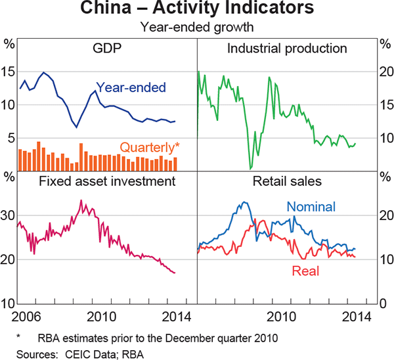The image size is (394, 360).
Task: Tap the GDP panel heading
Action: (108, 48)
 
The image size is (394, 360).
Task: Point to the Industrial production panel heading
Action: (286, 48)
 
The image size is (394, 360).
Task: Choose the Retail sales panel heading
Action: (286, 181)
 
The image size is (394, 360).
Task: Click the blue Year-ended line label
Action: (131, 87)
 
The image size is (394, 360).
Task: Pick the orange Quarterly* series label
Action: (149, 147)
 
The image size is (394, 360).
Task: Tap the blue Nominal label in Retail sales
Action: (311, 207)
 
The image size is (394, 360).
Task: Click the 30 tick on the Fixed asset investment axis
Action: (8, 215)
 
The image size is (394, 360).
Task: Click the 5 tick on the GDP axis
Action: (9, 137)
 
